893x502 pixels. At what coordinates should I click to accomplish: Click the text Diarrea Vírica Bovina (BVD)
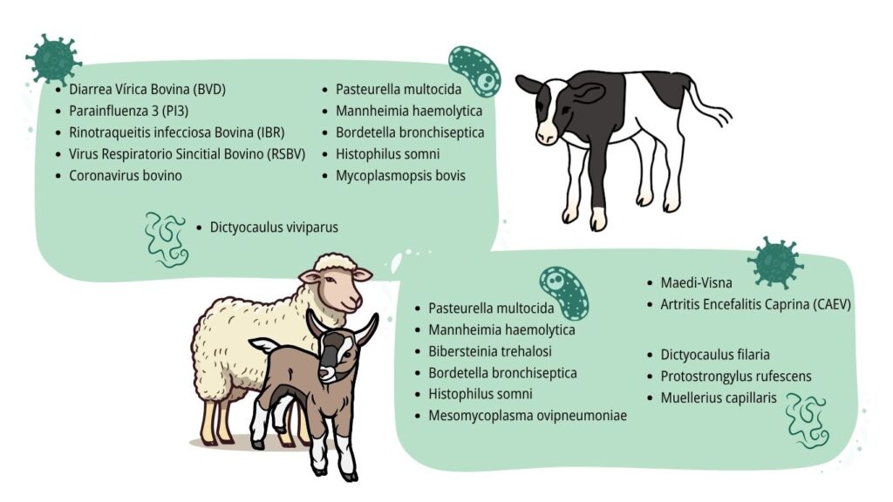(147, 90)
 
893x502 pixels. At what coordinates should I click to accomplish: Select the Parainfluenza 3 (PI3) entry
(129, 111)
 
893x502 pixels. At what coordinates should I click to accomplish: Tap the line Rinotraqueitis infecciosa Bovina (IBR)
(176, 132)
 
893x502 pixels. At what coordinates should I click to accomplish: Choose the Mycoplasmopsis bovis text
(400, 176)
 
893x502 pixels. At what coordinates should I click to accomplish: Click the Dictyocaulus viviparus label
(274, 227)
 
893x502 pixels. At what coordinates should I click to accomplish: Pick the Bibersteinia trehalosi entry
(490, 351)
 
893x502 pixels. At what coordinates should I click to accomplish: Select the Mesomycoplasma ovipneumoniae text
(528, 416)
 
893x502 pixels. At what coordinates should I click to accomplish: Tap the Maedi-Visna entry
(696, 282)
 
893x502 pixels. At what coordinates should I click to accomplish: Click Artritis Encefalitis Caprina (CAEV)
(755, 304)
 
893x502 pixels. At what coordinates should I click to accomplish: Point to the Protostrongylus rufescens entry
(736, 376)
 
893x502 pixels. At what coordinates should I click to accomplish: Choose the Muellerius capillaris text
(719, 397)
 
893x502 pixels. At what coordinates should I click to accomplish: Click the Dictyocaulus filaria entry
(715, 355)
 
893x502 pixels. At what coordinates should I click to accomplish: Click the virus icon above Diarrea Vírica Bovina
(53, 58)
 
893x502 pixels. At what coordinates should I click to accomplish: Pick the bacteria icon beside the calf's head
(475, 71)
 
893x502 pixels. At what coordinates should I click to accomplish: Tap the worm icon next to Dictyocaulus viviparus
(166, 240)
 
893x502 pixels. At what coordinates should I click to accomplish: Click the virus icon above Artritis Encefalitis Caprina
(775, 262)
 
